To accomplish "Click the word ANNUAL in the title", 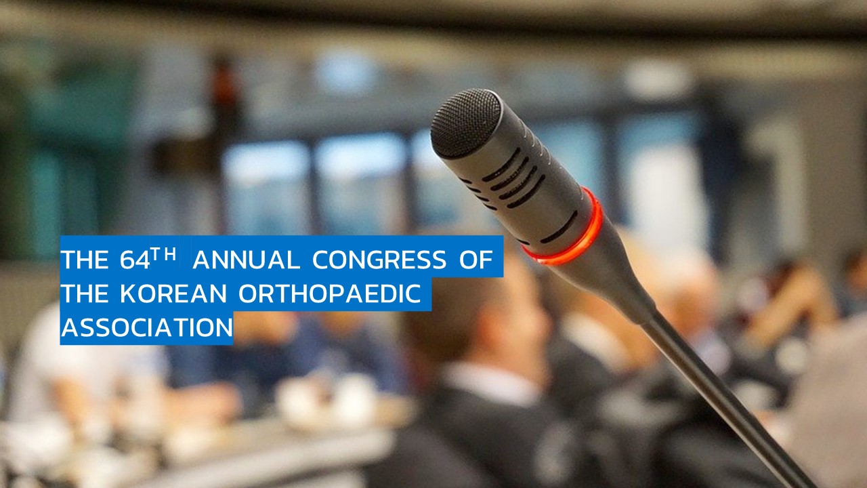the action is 246,260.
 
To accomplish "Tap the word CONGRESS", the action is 379,260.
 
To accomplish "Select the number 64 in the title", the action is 135,260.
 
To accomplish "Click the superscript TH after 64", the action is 164,254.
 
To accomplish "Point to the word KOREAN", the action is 173,293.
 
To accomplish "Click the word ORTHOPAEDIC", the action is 329,293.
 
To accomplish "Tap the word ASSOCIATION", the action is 147,327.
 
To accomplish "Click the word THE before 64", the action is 85,260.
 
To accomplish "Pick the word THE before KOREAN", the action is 85,293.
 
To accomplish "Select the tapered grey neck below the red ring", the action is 604,279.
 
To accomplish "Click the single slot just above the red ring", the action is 559,227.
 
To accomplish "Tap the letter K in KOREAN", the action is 128,293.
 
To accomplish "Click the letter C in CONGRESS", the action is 320,260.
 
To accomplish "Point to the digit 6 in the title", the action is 127,260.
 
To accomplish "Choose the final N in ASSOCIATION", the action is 224,327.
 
